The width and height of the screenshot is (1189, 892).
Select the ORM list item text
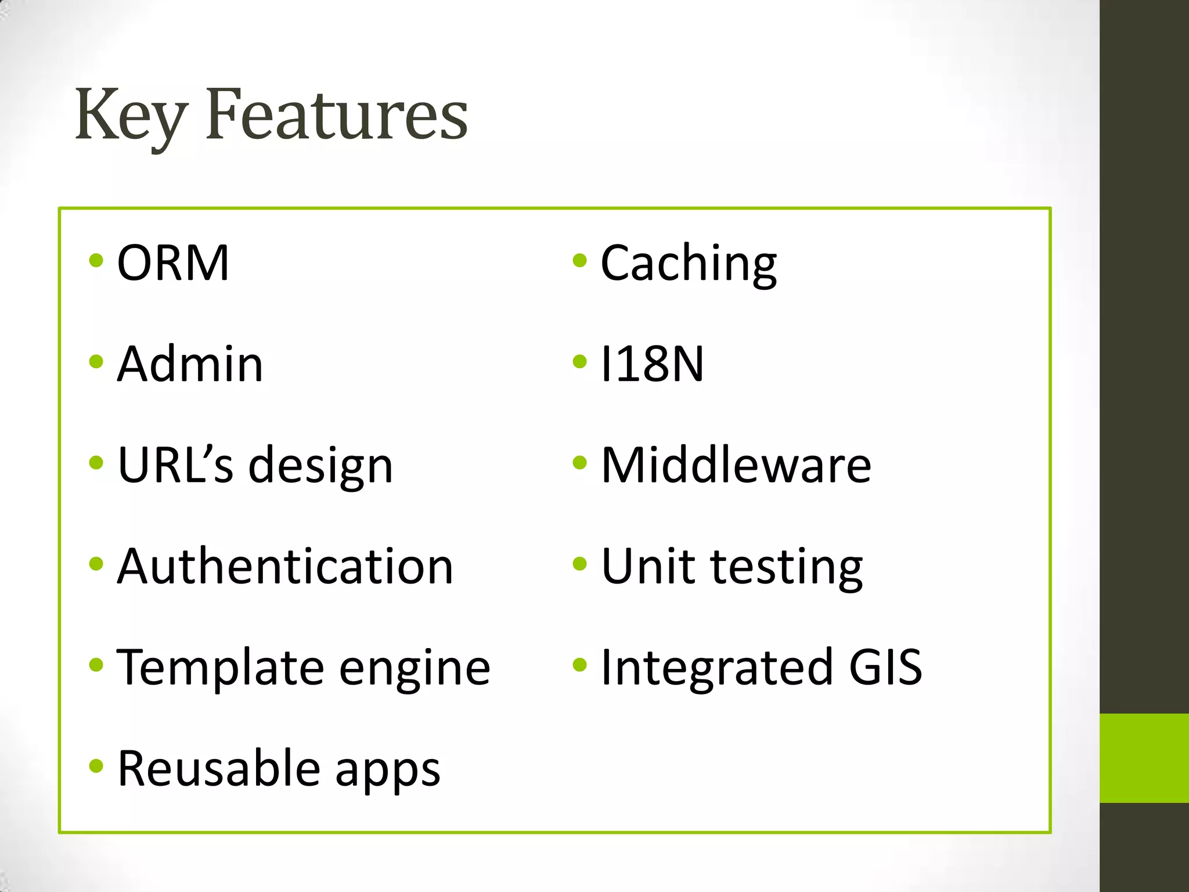pos(173,263)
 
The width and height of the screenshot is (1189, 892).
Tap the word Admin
pos(190,364)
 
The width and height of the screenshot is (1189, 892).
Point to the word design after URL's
pos(321,466)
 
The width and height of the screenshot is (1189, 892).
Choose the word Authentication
pos(285,566)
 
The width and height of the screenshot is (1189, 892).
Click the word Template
pos(220,667)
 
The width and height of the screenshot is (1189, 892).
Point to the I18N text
pos(652,364)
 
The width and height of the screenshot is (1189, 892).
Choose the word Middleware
pos(736,465)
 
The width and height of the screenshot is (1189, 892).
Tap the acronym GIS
pos(885,667)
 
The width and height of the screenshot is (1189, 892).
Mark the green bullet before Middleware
pos(579,463)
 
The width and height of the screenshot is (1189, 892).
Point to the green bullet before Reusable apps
pos(96,766)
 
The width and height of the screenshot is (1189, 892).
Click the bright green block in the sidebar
pos(1144,758)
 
